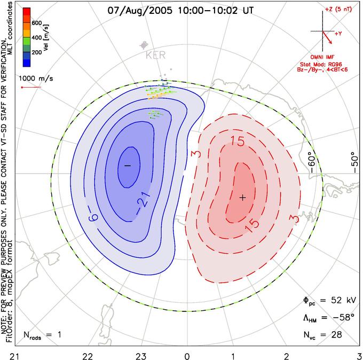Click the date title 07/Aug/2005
tap(140, 11)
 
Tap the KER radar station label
tap(155, 55)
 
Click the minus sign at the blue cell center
tap(128, 166)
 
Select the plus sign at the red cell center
tap(242, 198)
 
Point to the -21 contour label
tap(143, 201)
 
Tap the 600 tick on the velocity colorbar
tap(37, 23)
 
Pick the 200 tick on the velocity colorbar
tap(37, 52)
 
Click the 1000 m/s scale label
tap(36, 79)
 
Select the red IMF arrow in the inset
tap(327, 37)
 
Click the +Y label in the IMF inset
tap(338, 34)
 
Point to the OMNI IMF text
tap(322, 57)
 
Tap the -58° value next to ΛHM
tap(344, 317)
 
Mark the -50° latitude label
tap(354, 162)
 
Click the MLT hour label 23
tap(141, 356)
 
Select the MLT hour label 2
tap(287, 356)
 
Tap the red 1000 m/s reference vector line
tap(31, 88)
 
